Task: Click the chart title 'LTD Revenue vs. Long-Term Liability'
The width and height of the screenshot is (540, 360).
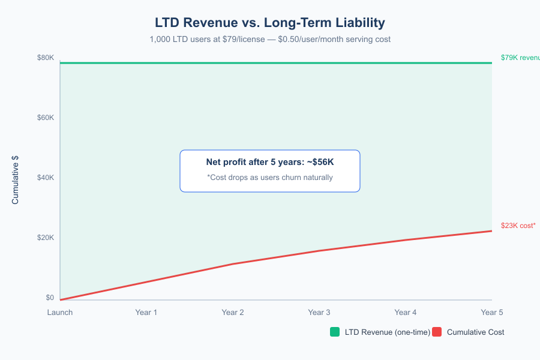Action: coord(270,23)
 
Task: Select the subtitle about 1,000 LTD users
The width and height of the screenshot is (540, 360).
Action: coord(270,40)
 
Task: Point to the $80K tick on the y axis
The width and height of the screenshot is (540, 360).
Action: coord(46,58)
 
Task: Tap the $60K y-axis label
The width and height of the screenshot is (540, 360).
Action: coord(46,118)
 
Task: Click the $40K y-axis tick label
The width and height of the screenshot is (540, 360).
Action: coord(46,178)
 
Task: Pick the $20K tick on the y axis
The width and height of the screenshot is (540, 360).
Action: coord(46,238)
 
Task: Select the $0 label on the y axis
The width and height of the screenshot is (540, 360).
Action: coord(50,298)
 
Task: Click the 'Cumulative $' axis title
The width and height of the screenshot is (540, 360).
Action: coord(16,179)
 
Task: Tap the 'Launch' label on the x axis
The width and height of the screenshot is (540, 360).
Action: coord(60,313)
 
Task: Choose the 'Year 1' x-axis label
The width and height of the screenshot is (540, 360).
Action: coord(146,313)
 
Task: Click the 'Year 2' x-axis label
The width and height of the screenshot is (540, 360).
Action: coord(233,313)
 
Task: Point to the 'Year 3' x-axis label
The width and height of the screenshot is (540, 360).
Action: coord(319,313)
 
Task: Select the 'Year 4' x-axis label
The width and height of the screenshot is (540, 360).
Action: coord(406,313)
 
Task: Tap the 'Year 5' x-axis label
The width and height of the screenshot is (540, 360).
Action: coord(492,313)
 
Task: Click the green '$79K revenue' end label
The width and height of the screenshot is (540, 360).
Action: coord(520,58)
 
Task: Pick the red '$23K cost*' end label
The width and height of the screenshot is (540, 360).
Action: coord(518,226)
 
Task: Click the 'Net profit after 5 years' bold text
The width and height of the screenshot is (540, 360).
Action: coord(270,163)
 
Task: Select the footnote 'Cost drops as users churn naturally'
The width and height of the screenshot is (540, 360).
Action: coord(270,178)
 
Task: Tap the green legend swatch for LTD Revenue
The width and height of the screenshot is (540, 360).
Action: coord(335,332)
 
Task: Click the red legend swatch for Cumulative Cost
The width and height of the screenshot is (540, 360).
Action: coord(437,332)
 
